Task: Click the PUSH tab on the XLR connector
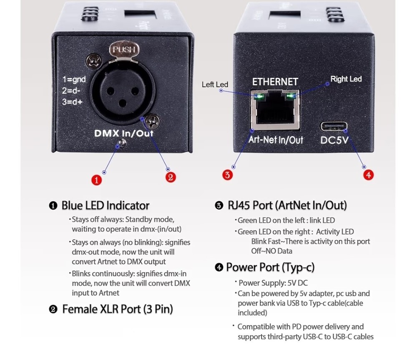[124, 50]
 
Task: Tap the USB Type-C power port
[334, 127]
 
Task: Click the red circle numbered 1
[97, 180]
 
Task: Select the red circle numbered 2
[171, 177]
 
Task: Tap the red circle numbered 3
[227, 175]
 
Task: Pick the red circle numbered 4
[368, 175]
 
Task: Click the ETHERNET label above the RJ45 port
[275, 82]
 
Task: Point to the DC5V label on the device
[334, 140]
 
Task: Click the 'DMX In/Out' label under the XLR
[124, 133]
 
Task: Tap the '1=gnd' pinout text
[74, 80]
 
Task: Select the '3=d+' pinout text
[72, 102]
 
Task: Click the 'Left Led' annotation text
[215, 85]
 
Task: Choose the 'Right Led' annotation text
[346, 79]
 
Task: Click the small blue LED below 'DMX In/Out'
[122, 144]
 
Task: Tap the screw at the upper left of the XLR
[93, 61]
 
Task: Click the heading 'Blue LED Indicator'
[106, 206]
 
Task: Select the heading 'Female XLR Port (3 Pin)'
[118, 309]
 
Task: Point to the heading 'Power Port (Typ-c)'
[270, 267]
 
